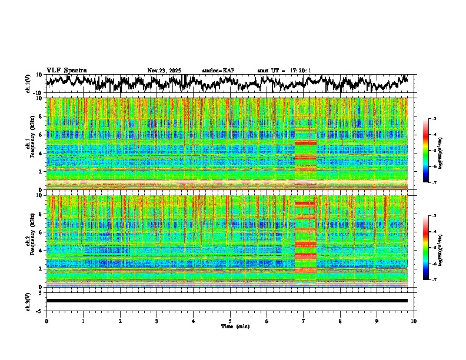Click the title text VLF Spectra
click(66, 71)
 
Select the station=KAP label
click(218, 71)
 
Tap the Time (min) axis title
click(235, 326)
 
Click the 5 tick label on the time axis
click(230, 321)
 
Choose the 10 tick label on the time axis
click(414, 321)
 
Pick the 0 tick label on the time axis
click(46, 321)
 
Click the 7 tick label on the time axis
click(304, 321)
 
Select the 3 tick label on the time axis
click(157, 321)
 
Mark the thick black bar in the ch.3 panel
click(227, 301)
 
